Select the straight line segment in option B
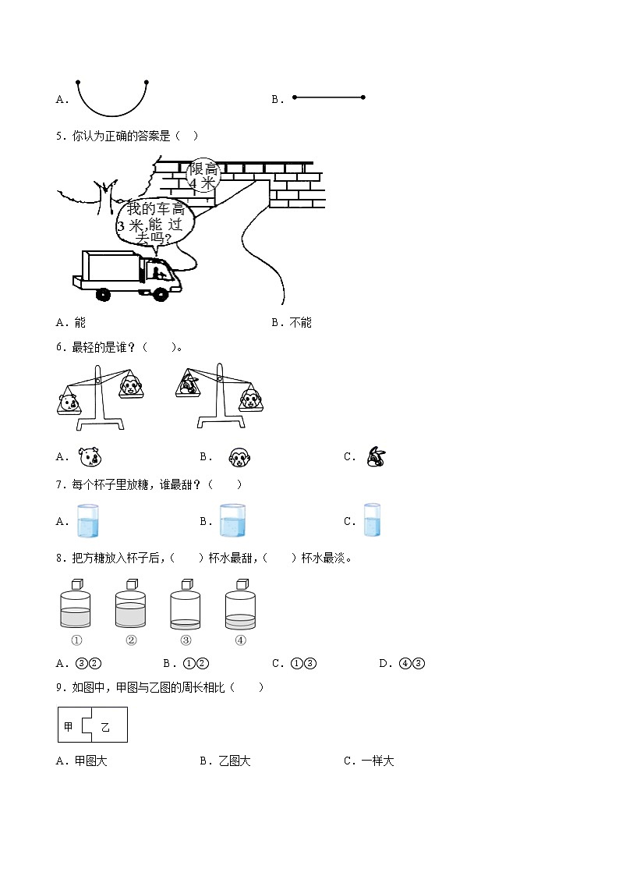click(x=328, y=98)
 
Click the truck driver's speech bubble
click(x=154, y=221)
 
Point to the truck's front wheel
click(x=160, y=294)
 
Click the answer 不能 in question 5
click(x=300, y=322)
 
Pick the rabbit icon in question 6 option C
click(x=377, y=457)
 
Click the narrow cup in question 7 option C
click(x=372, y=520)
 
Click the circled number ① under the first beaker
click(x=76, y=640)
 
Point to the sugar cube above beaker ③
click(x=187, y=584)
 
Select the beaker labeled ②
click(x=130, y=609)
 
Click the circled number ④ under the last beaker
click(x=240, y=640)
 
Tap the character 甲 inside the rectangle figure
click(x=68, y=726)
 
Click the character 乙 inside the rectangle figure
click(x=104, y=727)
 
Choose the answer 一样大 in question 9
click(x=377, y=761)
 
